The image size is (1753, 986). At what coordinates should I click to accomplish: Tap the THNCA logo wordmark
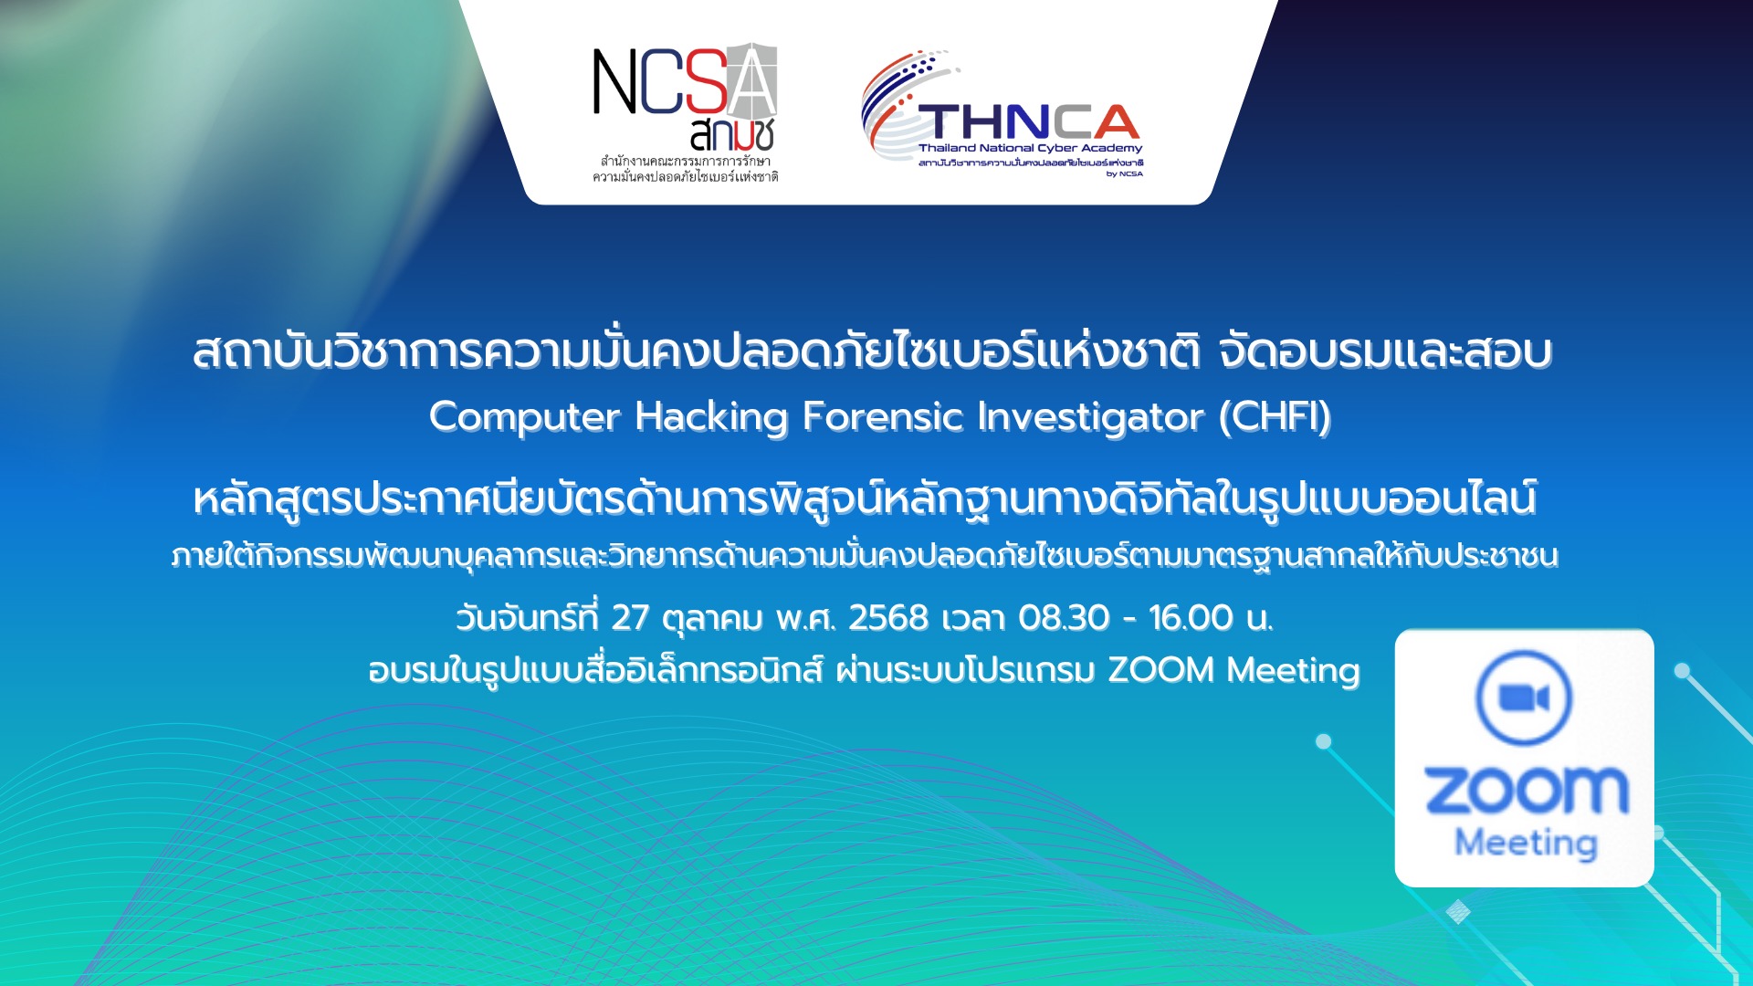click(x=1029, y=121)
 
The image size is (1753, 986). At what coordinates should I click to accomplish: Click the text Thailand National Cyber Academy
click(x=1030, y=148)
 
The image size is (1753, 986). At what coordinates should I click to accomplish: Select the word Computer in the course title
click(x=525, y=417)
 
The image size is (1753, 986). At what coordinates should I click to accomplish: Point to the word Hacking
click(x=711, y=417)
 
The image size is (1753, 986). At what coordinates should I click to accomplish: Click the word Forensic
click(x=883, y=416)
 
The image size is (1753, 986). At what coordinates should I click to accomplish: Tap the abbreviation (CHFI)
click(x=1275, y=417)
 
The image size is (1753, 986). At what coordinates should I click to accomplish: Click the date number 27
click(x=630, y=618)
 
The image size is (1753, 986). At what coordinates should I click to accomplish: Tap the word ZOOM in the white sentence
click(x=1161, y=670)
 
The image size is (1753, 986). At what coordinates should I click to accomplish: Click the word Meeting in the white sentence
click(x=1294, y=671)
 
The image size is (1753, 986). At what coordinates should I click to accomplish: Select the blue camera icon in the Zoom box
click(x=1524, y=698)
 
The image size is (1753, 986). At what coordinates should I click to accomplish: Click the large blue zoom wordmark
click(x=1527, y=790)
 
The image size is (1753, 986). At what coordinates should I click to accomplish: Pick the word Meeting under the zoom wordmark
click(x=1526, y=842)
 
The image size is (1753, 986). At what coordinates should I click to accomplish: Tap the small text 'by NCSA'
click(x=1125, y=173)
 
